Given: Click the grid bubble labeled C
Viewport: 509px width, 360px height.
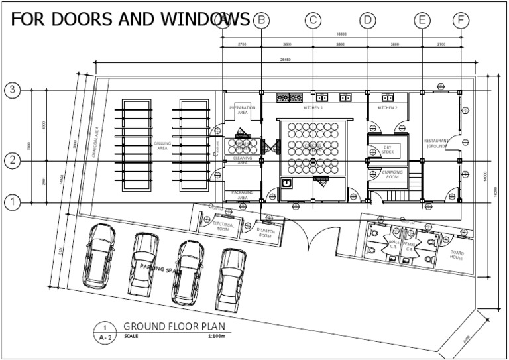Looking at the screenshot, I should click(313, 21).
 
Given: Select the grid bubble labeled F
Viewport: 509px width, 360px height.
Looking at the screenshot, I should click(461, 21).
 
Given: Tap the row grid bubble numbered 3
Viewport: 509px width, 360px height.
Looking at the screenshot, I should click(12, 91).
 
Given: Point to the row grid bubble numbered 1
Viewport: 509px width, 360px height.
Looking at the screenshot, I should click(12, 202).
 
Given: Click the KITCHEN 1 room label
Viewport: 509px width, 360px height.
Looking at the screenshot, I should click(313, 107).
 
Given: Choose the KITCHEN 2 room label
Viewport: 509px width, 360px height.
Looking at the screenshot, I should click(387, 107).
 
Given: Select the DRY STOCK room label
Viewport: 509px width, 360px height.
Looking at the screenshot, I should click(387, 150).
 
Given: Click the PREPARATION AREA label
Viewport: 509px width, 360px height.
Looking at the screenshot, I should click(242, 110).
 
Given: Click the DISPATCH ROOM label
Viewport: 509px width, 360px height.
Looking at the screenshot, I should click(264, 233).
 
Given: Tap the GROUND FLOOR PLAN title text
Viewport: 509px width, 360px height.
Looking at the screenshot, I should click(174, 326).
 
